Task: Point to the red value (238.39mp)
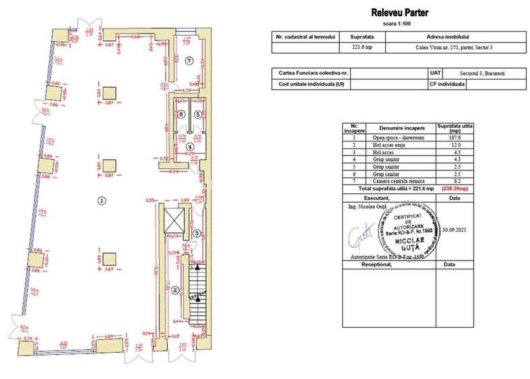coord(455,190)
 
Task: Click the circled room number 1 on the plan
coord(101,200)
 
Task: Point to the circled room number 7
coord(189,61)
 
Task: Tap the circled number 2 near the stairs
coord(174,290)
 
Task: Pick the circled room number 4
coord(190,146)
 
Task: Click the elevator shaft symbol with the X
coord(174,218)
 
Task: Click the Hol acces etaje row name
coord(394,145)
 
